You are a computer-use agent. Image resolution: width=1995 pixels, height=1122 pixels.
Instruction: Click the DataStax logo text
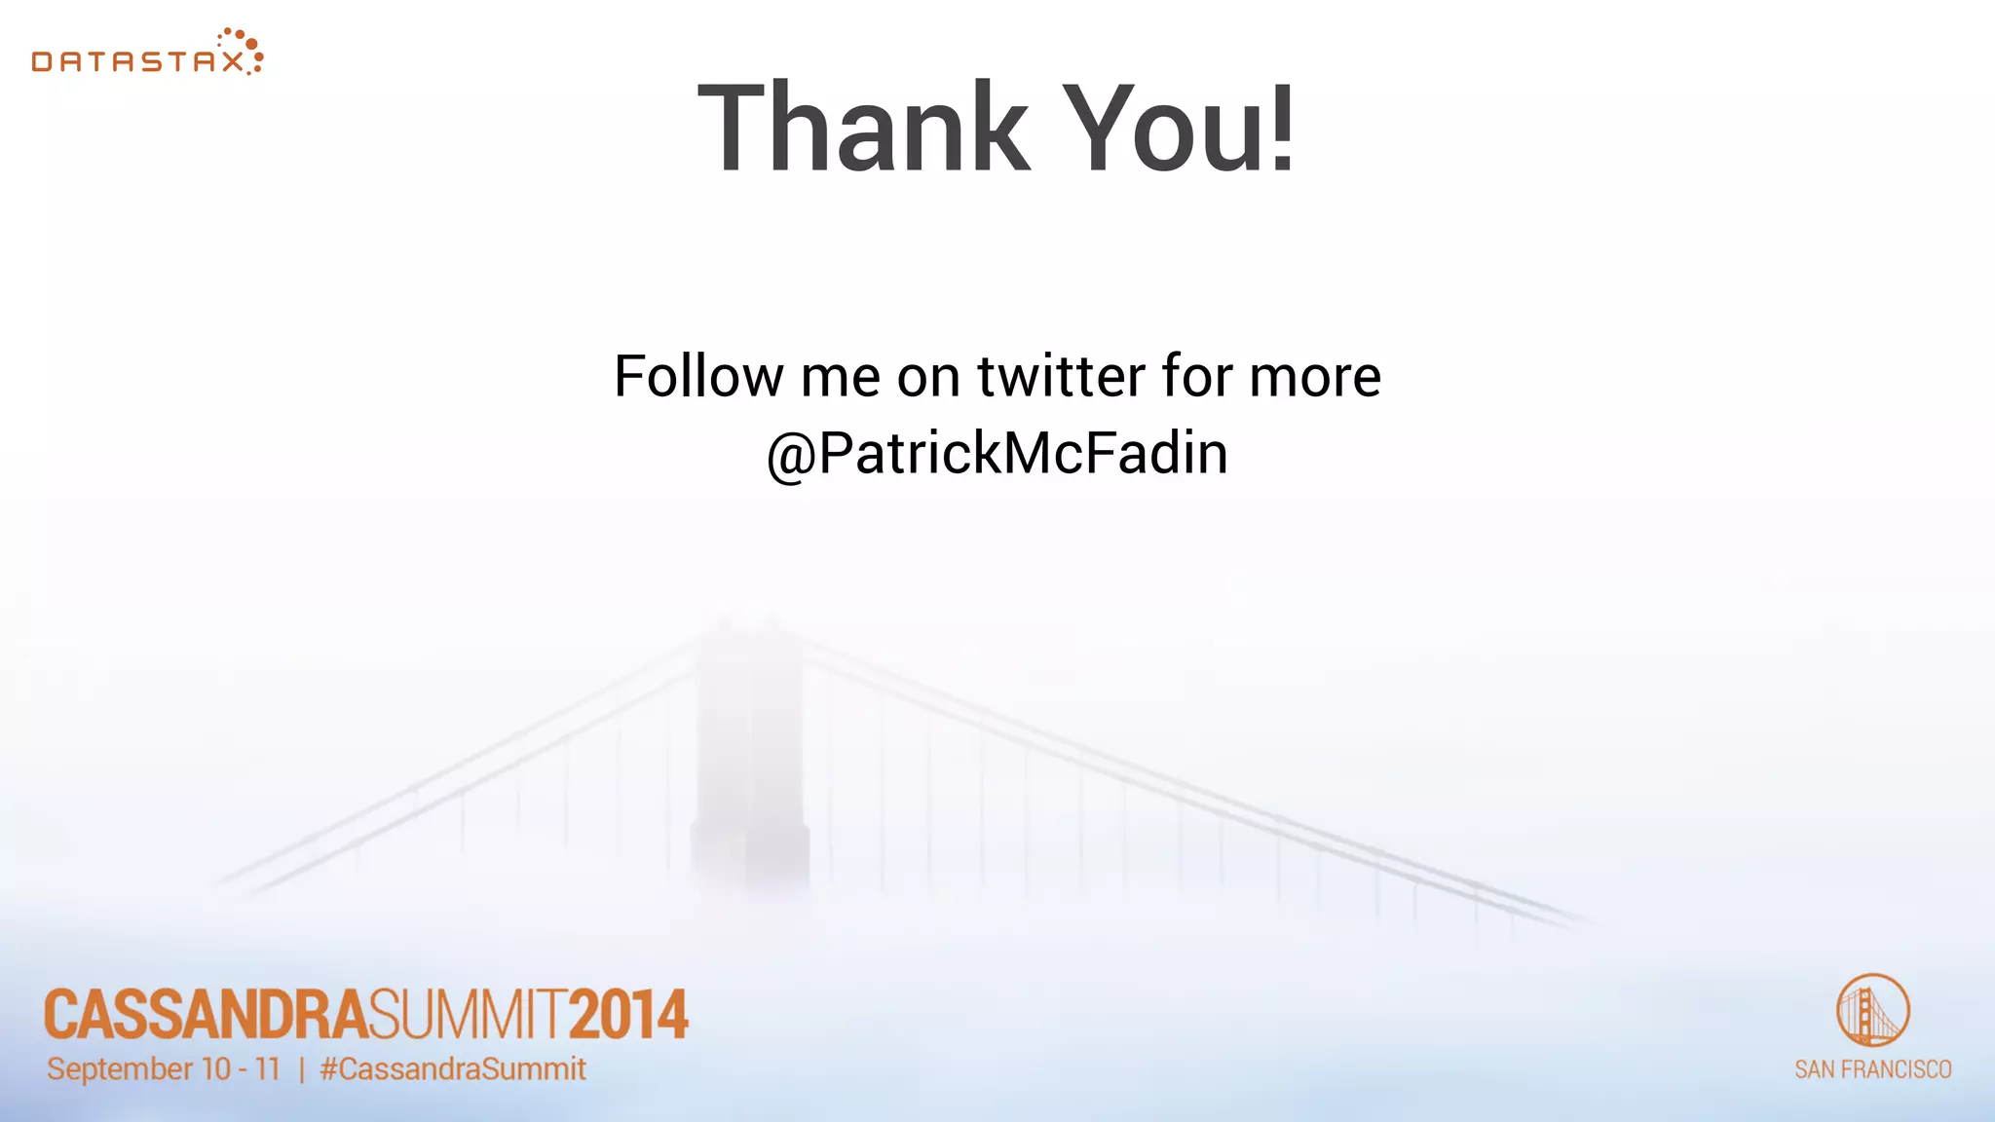coord(137,62)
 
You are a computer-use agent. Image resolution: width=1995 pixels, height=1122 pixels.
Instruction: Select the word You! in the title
coord(1179,129)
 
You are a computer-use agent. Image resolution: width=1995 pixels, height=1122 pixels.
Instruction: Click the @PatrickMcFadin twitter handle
coord(997,454)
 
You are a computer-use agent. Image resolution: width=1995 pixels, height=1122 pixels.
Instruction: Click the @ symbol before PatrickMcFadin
coord(790,457)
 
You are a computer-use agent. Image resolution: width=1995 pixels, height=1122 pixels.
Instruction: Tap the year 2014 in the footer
coord(628,1016)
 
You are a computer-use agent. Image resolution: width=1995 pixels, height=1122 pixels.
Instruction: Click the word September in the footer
coord(120,1069)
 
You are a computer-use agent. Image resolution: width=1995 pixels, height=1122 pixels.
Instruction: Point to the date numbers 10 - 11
coord(241,1069)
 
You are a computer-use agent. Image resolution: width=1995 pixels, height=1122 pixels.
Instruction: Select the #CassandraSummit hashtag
coord(453,1069)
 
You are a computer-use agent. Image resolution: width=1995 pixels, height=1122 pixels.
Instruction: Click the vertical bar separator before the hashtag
coord(302,1070)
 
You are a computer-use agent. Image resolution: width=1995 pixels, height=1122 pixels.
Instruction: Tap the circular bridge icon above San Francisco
coord(1872,1010)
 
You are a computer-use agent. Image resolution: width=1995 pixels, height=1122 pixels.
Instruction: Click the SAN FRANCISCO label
coord(1872,1069)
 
